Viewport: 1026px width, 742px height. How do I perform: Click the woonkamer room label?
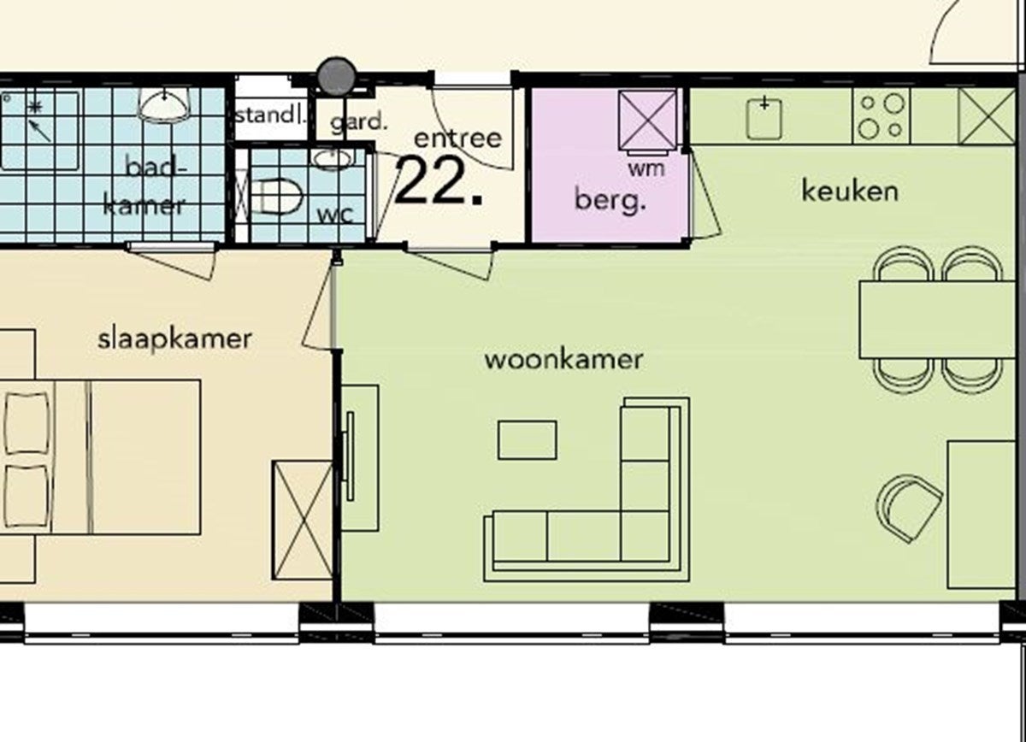[563, 360]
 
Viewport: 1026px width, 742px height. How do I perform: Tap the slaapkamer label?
[175, 340]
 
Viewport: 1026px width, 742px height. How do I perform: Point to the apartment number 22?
[439, 181]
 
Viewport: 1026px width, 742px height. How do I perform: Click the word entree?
[457, 138]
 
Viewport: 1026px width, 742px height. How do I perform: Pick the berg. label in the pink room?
[610, 200]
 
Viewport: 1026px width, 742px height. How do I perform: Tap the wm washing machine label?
[646, 168]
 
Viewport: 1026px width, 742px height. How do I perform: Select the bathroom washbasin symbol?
[164, 105]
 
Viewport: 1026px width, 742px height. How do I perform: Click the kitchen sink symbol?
[764, 119]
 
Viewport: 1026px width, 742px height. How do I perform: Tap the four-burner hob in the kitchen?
[882, 116]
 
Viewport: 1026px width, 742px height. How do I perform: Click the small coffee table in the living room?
[528, 439]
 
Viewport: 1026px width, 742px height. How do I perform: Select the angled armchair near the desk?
[908, 508]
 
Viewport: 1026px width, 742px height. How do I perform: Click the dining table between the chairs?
[937, 320]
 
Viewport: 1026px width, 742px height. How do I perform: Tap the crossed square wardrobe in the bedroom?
[302, 521]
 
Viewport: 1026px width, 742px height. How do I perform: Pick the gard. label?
[358, 122]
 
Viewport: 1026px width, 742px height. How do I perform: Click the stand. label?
[271, 115]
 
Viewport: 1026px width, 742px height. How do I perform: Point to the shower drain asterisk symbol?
[34, 108]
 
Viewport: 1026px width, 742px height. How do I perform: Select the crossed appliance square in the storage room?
[647, 120]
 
